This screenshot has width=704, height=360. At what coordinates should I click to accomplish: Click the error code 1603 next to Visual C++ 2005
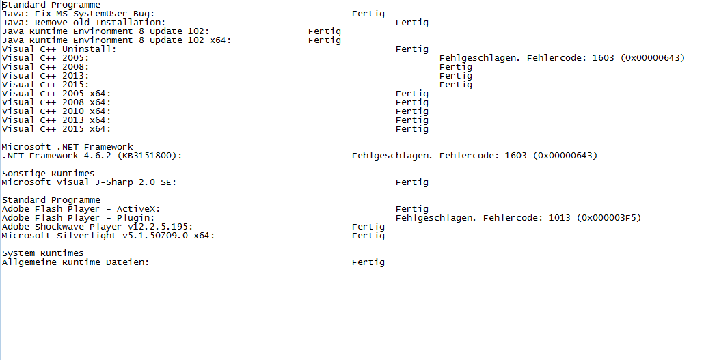(603, 58)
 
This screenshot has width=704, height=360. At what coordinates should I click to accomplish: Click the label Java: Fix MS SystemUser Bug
(78, 14)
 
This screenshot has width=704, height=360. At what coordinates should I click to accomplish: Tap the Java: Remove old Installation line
(83, 23)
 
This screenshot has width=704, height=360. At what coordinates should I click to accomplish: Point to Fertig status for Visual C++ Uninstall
(412, 49)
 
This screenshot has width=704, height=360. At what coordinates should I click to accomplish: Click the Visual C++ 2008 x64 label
(56, 102)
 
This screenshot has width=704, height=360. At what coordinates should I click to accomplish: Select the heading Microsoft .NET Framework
(67, 147)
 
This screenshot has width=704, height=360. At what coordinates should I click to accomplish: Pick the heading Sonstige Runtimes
(48, 174)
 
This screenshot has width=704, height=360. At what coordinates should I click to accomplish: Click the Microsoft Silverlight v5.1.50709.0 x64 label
(108, 236)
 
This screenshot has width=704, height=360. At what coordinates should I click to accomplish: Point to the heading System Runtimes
(42, 253)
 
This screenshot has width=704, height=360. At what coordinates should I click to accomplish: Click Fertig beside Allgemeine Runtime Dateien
(368, 262)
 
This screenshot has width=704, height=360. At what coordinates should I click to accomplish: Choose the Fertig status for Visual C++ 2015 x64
(412, 129)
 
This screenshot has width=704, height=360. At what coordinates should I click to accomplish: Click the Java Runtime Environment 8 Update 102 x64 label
(116, 40)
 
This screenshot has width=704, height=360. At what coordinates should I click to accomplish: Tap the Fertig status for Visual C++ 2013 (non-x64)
(456, 76)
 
